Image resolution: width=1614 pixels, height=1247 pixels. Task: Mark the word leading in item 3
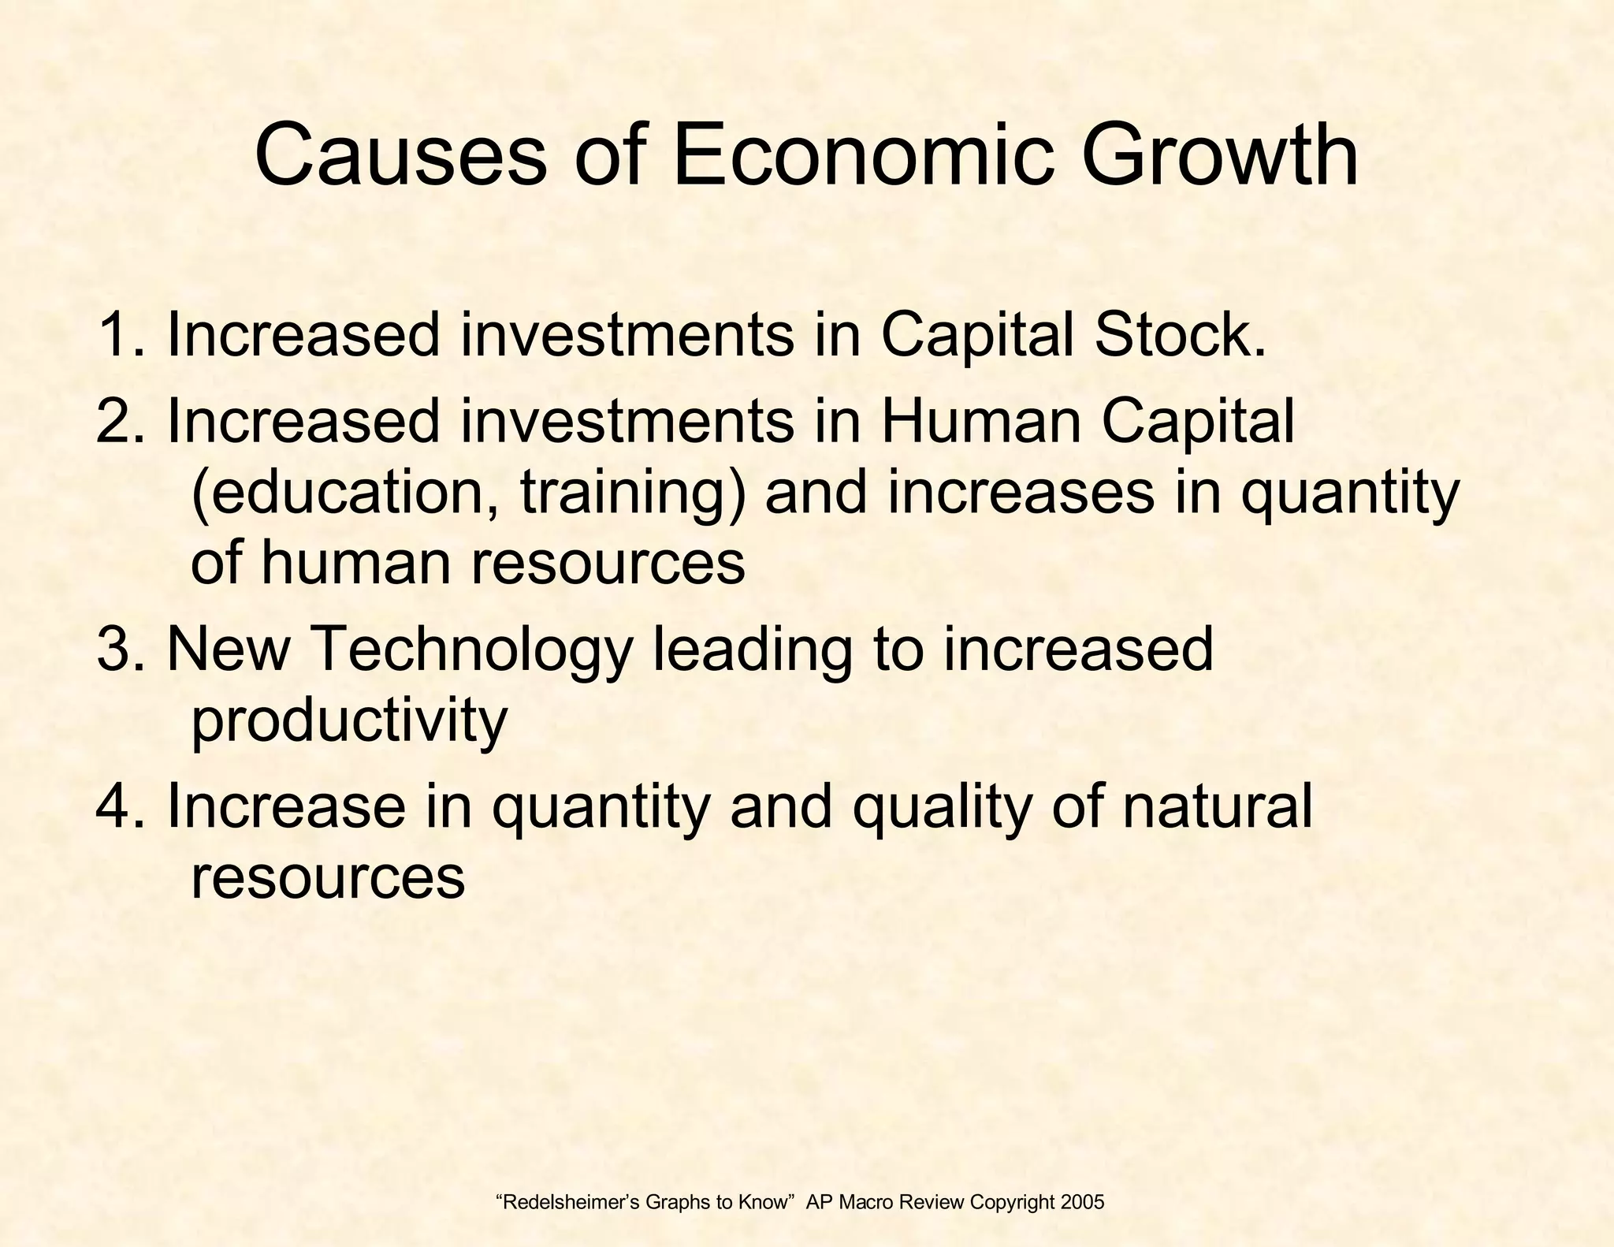pyautogui.click(x=752, y=651)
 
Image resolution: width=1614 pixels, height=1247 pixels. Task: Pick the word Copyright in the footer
pyautogui.click(x=1012, y=1204)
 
